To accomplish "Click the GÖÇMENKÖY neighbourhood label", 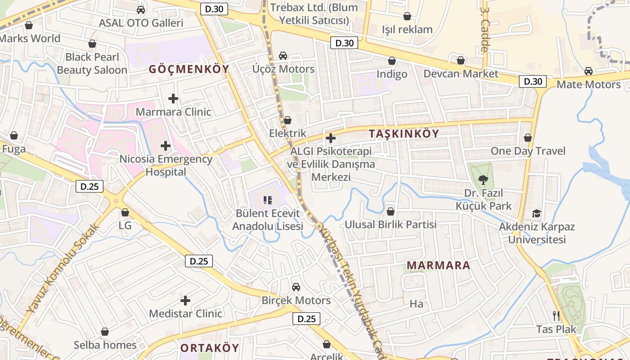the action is click(189, 69).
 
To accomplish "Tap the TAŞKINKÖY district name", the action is click(404, 134).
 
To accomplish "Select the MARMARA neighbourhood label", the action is click(438, 265).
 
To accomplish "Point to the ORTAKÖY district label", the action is click(210, 348).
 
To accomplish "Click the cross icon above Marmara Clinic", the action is click(173, 99).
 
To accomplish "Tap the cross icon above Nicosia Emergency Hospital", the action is click(166, 146).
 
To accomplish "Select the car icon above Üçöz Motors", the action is click(283, 56).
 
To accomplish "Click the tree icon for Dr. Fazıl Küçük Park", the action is click(483, 180).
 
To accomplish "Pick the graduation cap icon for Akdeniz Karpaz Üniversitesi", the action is click(536, 213).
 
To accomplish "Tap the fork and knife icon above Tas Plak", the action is click(556, 316).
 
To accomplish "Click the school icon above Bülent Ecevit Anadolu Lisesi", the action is click(268, 200).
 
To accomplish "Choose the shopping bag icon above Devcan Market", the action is click(461, 60).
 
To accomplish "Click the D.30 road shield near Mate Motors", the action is click(533, 81).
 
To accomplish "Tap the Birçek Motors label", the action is click(296, 301).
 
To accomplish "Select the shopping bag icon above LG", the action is click(125, 212).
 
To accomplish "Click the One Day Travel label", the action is click(528, 151).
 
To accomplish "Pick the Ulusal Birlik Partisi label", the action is click(391, 224).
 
